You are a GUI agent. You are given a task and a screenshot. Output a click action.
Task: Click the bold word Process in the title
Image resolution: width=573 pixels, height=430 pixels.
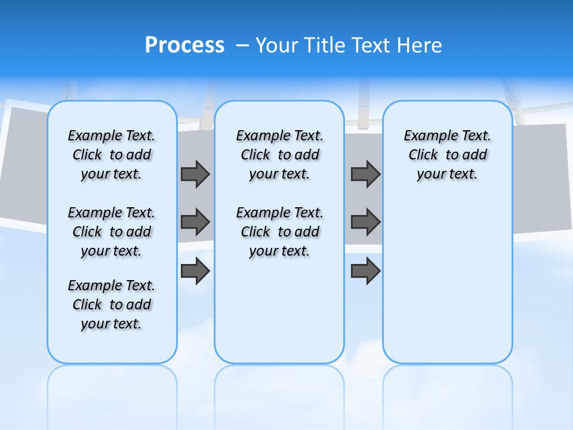click(x=184, y=45)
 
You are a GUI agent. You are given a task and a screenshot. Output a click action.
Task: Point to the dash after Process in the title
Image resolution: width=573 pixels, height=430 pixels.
click(x=242, y=46)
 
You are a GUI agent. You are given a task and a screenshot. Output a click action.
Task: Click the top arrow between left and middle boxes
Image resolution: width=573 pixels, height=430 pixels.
click(x=195, y=174)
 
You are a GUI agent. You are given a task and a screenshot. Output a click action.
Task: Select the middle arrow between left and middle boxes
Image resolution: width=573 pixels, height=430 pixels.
click(x=195, y=222)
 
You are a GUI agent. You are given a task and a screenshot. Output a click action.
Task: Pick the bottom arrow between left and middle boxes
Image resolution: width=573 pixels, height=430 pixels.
click(x=195, y=271)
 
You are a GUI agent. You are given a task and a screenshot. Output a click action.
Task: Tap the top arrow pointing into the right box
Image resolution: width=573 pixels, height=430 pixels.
click(x=365, y=174)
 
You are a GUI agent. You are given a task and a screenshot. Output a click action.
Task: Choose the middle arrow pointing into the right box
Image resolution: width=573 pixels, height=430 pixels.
click(x=365, y=222)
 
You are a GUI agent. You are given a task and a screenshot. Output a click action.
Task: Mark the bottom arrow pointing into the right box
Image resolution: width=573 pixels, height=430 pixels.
click(x=365, y=271)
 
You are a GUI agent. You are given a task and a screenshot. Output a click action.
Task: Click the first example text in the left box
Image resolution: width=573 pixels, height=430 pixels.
click(x=112, y=155)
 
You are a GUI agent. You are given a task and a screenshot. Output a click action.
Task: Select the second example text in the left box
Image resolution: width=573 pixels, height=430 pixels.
click(x=112, y=232)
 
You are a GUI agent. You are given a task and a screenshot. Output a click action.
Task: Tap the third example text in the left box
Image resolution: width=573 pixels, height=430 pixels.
click(x=112, y=305)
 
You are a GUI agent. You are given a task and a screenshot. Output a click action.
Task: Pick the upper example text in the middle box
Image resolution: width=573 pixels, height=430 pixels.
click(x=279, y=155)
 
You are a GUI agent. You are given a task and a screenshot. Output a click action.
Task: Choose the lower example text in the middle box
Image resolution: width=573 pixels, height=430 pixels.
click(x=279, y=232)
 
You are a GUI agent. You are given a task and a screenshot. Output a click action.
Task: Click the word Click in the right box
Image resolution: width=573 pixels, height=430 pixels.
click(x=423, y=155)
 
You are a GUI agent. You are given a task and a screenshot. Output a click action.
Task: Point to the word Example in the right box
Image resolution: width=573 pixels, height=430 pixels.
click(x=426, y=136)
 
